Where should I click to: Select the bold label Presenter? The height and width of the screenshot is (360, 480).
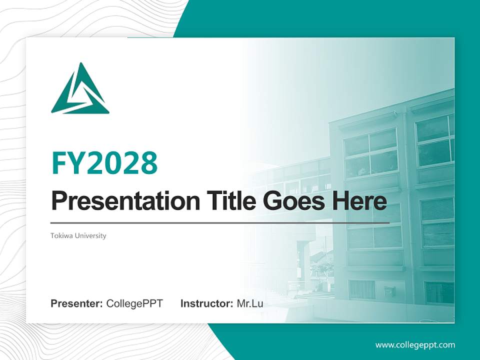(77, 303)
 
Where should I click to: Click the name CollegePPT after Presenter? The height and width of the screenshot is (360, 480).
(134, 303)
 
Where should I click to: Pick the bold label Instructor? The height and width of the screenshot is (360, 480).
(206, 303)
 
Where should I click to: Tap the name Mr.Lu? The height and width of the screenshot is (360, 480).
(250, 303)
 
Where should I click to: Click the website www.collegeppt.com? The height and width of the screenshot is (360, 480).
(415, 345)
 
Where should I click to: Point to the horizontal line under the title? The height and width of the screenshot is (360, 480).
(220, 222)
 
